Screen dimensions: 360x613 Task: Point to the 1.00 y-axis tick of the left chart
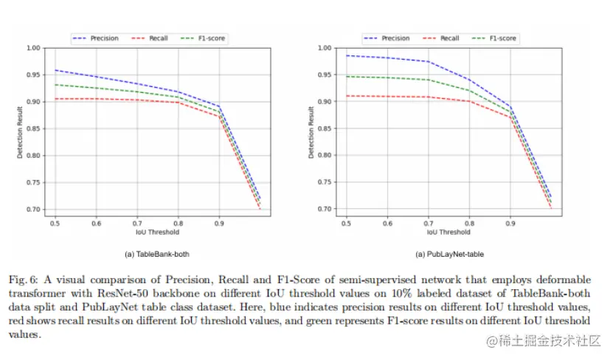[32, 48]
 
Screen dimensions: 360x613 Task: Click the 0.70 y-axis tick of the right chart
[324, 210]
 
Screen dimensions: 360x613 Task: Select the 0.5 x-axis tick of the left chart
[55, 222]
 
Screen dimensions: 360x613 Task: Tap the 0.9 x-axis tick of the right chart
[510, 222]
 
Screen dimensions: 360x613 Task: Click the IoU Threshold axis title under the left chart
[158, 232]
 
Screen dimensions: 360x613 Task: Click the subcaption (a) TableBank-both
[157, 254]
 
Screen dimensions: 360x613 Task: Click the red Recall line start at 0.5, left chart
[55, 99]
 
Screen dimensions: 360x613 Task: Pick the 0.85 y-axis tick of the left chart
[32, 129]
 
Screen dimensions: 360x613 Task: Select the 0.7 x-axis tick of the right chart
[428, 222]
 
